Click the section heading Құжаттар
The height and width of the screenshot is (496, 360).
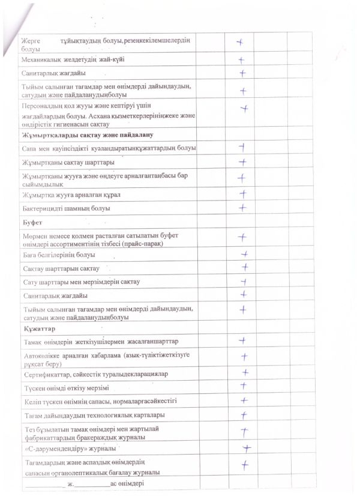35,329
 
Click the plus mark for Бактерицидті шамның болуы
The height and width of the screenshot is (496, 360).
242,208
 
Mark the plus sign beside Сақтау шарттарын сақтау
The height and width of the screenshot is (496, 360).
245,267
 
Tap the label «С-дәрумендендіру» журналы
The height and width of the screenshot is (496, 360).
73,448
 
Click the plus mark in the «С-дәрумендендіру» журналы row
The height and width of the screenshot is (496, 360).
245,448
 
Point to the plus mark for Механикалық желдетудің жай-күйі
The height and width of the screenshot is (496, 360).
241,60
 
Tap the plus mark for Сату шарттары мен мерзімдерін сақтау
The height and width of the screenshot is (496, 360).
244,281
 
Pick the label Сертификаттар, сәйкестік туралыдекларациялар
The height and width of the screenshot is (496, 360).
95,374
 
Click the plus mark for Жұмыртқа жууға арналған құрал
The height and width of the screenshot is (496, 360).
243,194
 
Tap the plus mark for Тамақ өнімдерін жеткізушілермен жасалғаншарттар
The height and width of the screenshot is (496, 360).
242,341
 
